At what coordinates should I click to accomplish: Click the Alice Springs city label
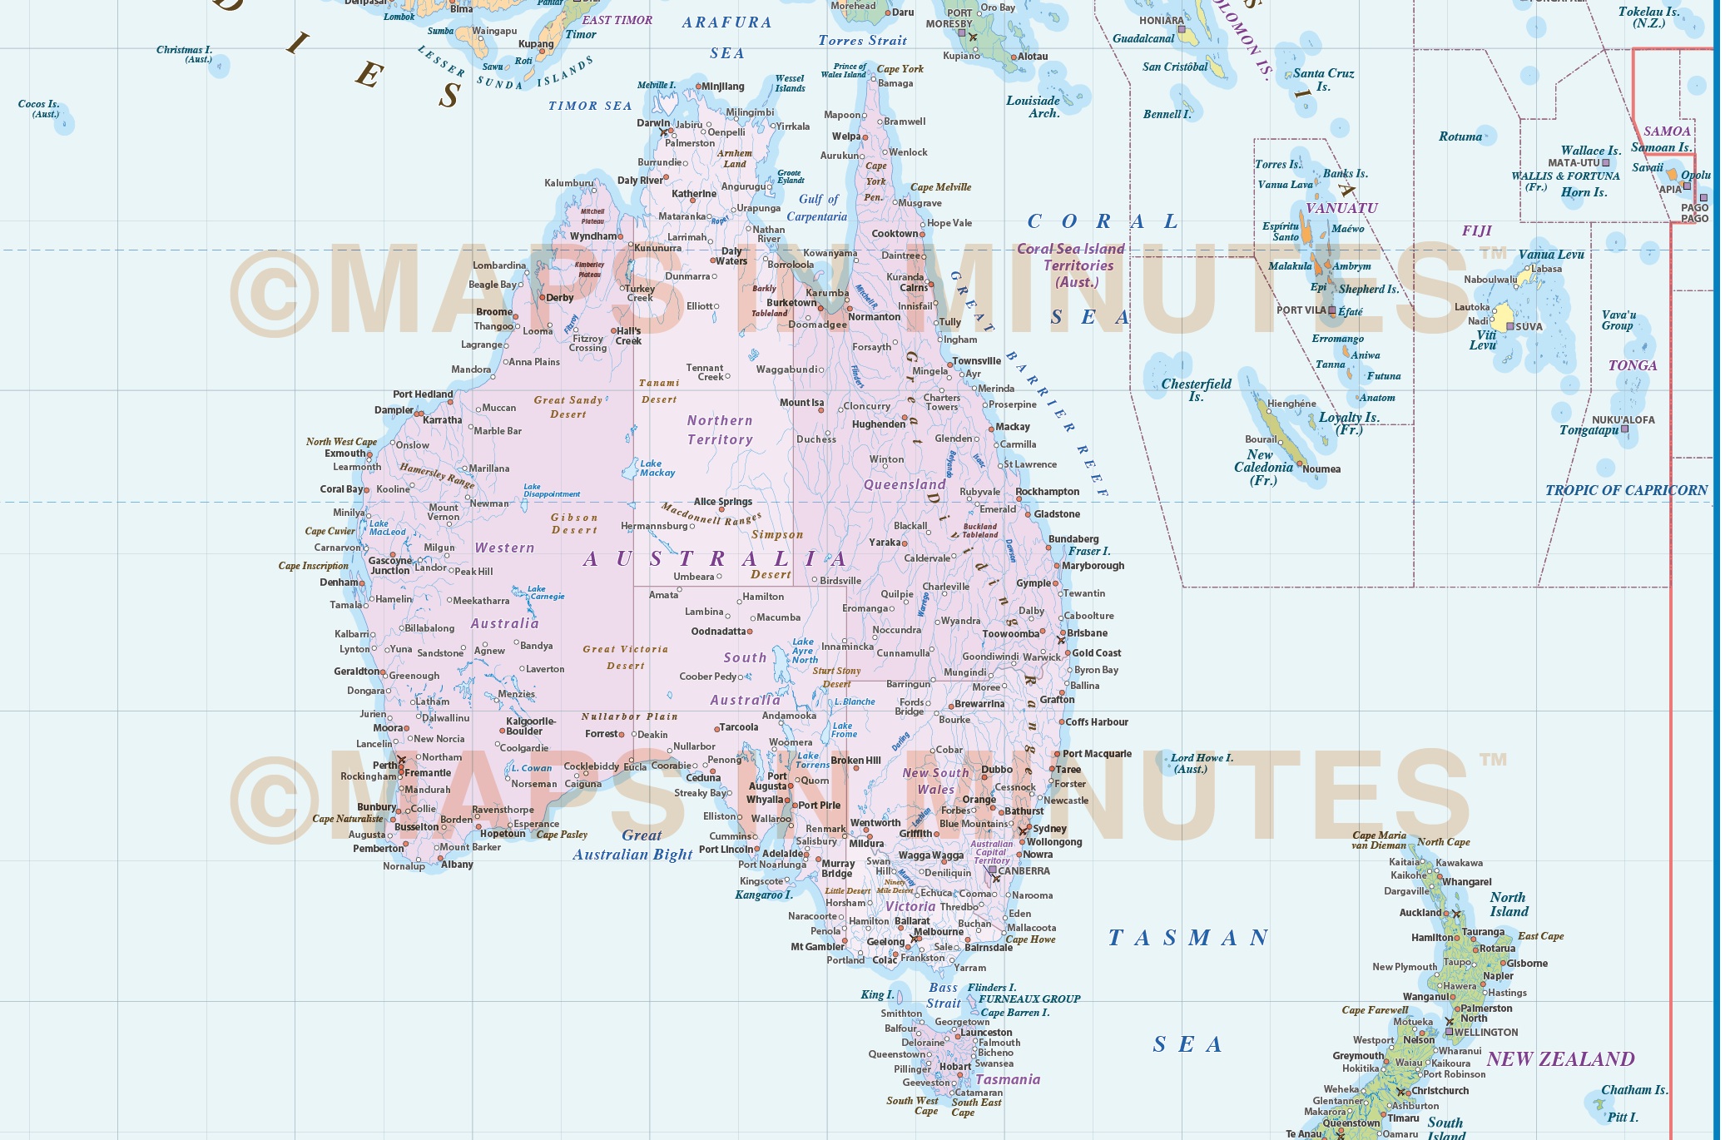click(722, 502)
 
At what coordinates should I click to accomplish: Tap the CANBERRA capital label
click(1024, 871)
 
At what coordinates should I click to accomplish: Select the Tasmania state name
click(1007, 1079)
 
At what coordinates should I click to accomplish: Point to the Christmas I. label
click(184, 54)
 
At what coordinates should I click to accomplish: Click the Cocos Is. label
click(38, 108)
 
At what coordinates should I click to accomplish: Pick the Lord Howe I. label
click(1201, 763)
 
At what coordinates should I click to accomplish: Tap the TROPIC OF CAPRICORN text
click(1626, 490)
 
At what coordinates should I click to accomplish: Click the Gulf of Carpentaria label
click(817, 208)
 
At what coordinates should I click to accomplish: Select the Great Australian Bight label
click(632, 845)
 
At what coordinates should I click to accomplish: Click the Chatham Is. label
click(1634, 1090)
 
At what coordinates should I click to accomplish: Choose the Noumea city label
click(1321, 469)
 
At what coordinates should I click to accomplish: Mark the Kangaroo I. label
click(763, 895)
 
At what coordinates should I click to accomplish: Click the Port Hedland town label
click(423, 394)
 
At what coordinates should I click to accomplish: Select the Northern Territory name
click(720, 430)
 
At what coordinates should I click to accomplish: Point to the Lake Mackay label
click(657, 468)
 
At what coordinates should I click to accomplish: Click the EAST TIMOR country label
click(617, 20)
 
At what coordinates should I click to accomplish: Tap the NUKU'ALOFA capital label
click(1623, 419)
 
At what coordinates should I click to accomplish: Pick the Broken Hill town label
click(855, 761)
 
